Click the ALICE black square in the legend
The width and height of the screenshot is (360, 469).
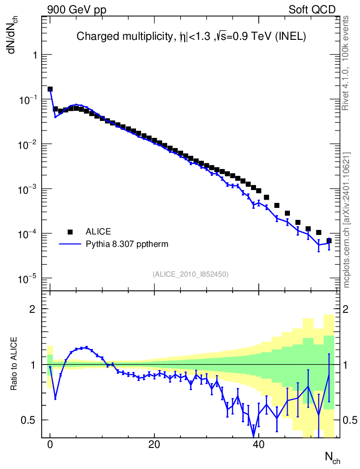coord(70,231)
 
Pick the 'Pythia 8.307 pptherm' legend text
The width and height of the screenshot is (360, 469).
coord(127,244)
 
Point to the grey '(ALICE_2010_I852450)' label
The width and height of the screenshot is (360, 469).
coord(190,274)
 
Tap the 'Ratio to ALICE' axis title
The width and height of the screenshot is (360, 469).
coord(15,364)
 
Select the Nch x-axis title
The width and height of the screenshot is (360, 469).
coord(332,457)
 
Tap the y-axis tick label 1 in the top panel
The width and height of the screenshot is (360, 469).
coord(35,55)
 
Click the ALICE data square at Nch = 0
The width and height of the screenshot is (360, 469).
coord(50,89)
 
